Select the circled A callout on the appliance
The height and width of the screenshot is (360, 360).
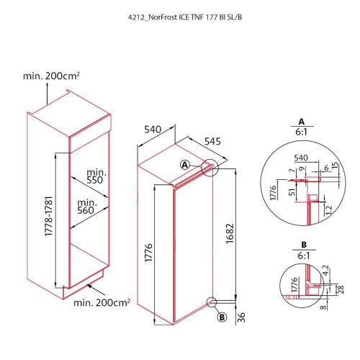tap(185, 164)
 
